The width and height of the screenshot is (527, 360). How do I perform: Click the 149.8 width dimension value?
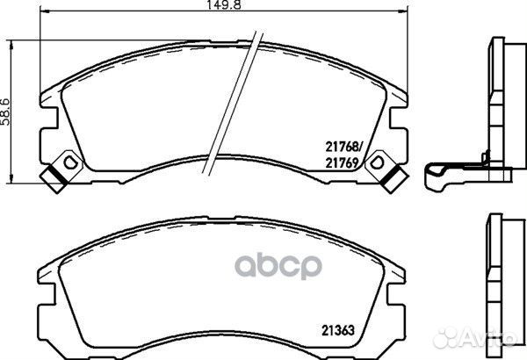tap(223, 4)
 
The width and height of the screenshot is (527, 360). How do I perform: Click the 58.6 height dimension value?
tap(6, 112)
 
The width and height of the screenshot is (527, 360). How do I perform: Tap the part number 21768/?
tap(343, 147)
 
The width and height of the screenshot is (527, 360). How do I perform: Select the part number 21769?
tap(341, 163)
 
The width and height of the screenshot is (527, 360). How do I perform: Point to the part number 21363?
tap(338, 330)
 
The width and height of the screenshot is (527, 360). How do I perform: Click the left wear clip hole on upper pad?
tap(70, 162)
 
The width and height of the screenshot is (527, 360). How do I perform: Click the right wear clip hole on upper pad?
tap(377, 162)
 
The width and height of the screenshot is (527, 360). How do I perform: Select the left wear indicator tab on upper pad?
tap(54, 179)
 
